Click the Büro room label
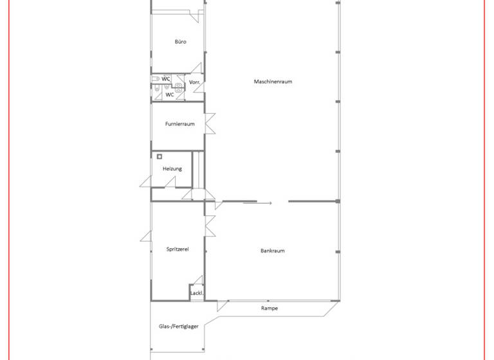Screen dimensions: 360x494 (x=180, y=42)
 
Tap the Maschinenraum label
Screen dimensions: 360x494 (x=273, y=82)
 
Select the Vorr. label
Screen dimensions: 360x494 (x=195, y=83)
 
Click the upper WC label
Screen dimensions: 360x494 (x=166, y=79)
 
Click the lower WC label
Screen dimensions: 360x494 (x=170, y=94)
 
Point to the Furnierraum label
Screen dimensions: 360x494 (x=179, y=124)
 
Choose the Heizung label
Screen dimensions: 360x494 (x=172, y=168)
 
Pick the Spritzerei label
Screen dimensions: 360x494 (x=177, y=249)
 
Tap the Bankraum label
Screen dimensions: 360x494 (x=272, y=251)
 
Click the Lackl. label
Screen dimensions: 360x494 (x=197, y=294)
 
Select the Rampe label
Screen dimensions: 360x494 (x=270, y=309)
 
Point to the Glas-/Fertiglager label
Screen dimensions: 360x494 (x=178, y=327)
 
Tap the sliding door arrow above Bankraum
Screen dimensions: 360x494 (x=257, y=203)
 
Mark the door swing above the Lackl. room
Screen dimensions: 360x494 (x=198, y=280)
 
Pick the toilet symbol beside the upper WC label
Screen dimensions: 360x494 (x=156, y=79)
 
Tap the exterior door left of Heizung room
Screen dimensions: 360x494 (x=146, y=181)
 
